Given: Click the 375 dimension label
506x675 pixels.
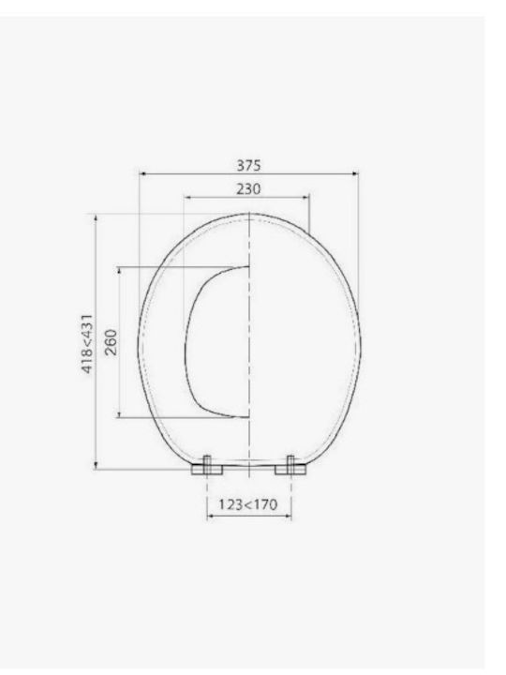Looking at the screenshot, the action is click(x=248, y=165).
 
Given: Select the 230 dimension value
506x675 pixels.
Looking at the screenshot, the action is click(x=248, y=189).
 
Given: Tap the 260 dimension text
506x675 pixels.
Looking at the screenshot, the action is click(x=111, y=342).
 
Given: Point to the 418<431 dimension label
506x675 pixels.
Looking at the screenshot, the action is click(x=87, y=344).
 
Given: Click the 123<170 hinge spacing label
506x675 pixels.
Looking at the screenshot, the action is click(x=247, y=504).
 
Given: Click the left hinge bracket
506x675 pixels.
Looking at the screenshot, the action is click(x=207, y=466).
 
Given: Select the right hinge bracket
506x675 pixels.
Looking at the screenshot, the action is click(x=290, y=466).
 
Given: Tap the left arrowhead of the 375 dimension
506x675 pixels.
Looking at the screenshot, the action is click(x=142, y=173).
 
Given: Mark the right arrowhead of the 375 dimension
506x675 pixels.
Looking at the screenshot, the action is click(x=355, y=173).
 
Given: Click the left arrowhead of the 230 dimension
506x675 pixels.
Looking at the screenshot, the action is click(x=187, y=197).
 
